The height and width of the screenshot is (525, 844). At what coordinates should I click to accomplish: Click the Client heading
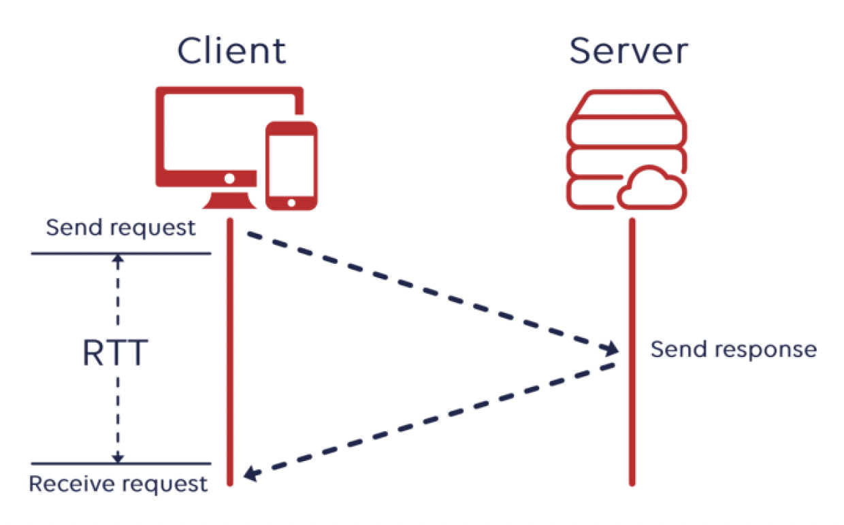coord(231,52)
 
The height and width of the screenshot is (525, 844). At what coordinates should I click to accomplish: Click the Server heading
coord(628,52)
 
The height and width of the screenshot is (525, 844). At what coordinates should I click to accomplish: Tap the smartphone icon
coord(291,165)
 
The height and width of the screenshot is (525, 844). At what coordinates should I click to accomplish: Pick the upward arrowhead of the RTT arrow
coord(119,259)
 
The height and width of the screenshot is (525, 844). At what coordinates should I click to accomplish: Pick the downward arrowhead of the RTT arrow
coord(119,458)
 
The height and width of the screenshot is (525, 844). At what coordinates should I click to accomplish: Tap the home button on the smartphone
coord(291,202)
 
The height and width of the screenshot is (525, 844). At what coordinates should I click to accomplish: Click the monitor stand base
coord(230,201)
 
